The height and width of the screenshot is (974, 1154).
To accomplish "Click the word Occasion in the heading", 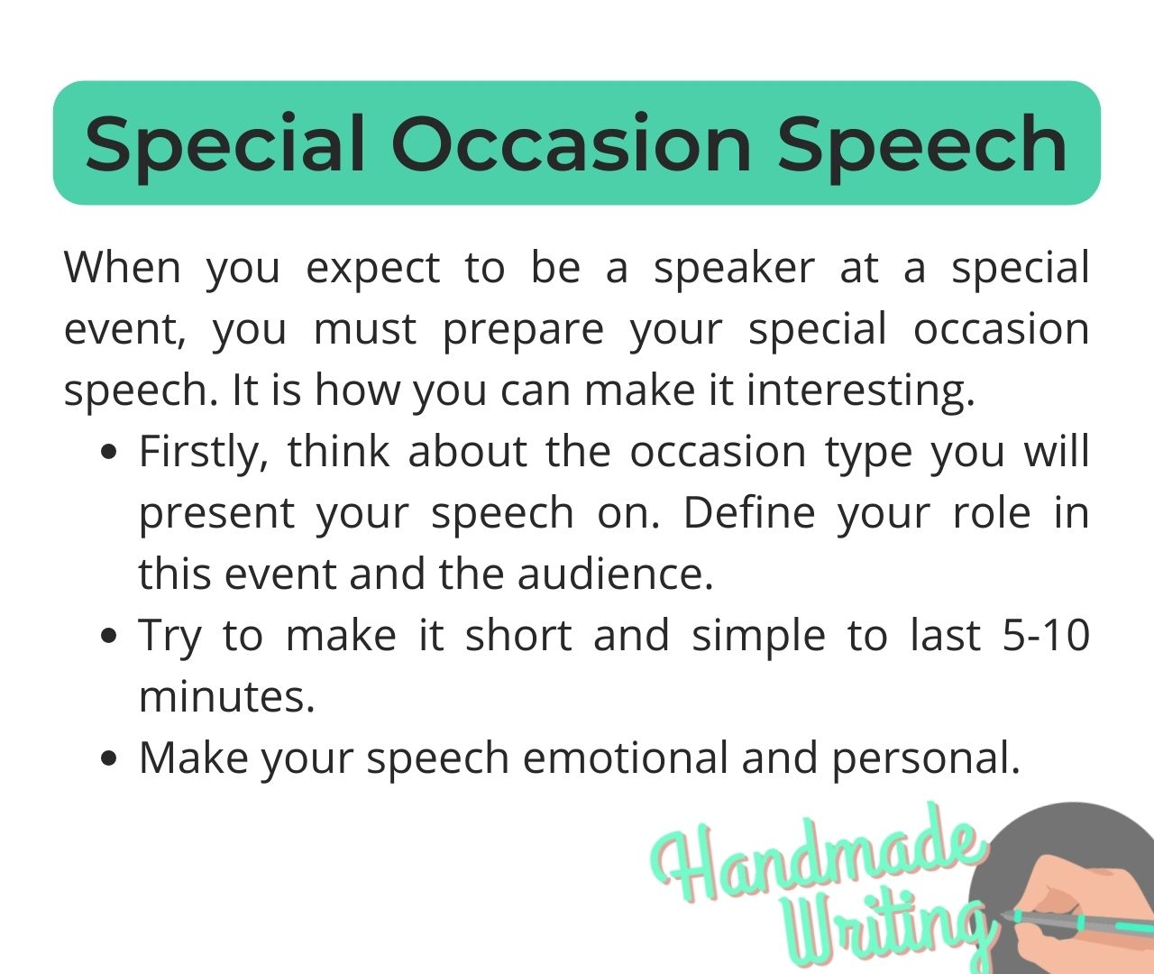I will tap(571, 144).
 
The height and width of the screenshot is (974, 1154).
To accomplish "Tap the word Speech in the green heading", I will tap(922, 144).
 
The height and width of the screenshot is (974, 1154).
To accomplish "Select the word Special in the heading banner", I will tap(226, 144).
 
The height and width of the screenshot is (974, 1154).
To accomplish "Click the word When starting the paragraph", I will tap(122, 268).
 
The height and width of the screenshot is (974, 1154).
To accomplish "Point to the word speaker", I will tap(734, 268).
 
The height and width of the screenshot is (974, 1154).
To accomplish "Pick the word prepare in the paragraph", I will tap(523, 329).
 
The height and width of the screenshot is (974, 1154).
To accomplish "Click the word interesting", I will tap(860, 391).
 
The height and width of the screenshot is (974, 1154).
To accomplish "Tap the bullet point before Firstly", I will tap(110, 453).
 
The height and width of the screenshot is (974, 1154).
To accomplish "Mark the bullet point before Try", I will tap(110, 637).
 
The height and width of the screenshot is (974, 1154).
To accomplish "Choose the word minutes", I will tap(227, 697).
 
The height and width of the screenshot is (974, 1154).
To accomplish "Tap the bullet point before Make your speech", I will tap(110, 759).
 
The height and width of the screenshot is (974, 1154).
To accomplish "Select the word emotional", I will tap(625, 758).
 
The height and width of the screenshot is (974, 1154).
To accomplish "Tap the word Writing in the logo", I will tap(884, 929).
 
